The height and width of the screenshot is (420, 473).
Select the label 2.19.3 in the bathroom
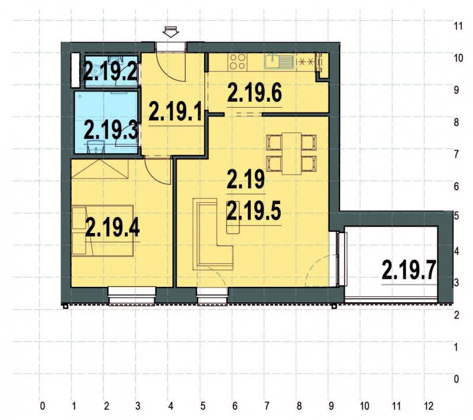coord(111,129)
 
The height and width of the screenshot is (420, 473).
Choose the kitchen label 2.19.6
coord(254,93)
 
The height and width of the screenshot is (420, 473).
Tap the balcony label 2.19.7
coord(409,270)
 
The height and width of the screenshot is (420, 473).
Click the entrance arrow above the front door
coord(171,32)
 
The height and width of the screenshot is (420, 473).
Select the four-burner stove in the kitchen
coord(238,61)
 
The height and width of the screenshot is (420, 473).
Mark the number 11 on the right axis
coord(457,27)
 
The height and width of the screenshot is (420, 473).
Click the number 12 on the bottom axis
coord(429,407)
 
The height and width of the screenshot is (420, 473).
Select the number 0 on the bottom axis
coord(42,407)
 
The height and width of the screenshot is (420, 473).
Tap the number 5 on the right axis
coord(457,217)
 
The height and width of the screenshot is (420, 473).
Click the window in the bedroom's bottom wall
coord(131,294)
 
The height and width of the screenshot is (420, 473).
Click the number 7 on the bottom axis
coord(267,407)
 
